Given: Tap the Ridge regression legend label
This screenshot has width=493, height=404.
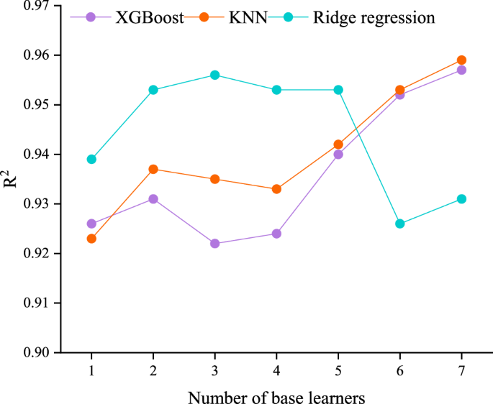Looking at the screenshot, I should [374, 17].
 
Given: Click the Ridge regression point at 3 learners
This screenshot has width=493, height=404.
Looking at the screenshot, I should [214, 75].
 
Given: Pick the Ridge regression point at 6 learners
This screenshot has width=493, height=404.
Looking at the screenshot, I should [399, 224].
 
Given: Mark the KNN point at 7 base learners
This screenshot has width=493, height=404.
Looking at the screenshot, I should [461, 60].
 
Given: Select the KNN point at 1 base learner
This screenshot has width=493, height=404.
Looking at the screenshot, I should [91, 239].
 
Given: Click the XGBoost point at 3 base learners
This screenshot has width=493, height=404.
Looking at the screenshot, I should [214, 244].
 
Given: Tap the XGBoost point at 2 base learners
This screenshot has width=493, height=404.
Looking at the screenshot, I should [153, 199].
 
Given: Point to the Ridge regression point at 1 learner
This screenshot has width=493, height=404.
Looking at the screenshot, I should [91, 160].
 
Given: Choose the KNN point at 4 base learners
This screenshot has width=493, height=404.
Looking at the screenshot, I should [276, 189].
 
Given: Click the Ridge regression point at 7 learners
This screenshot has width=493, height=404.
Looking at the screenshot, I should [461, 199].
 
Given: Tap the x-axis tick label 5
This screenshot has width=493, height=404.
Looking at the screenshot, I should [338, 369].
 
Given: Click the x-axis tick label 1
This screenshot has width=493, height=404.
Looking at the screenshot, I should [91, 369].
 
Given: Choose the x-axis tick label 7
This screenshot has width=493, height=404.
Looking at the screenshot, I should [461, 369].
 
